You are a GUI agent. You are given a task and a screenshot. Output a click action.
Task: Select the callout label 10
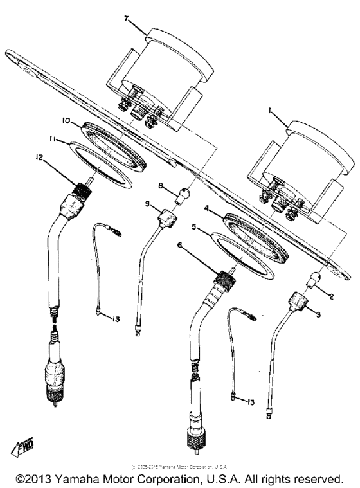coord(66,120)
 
